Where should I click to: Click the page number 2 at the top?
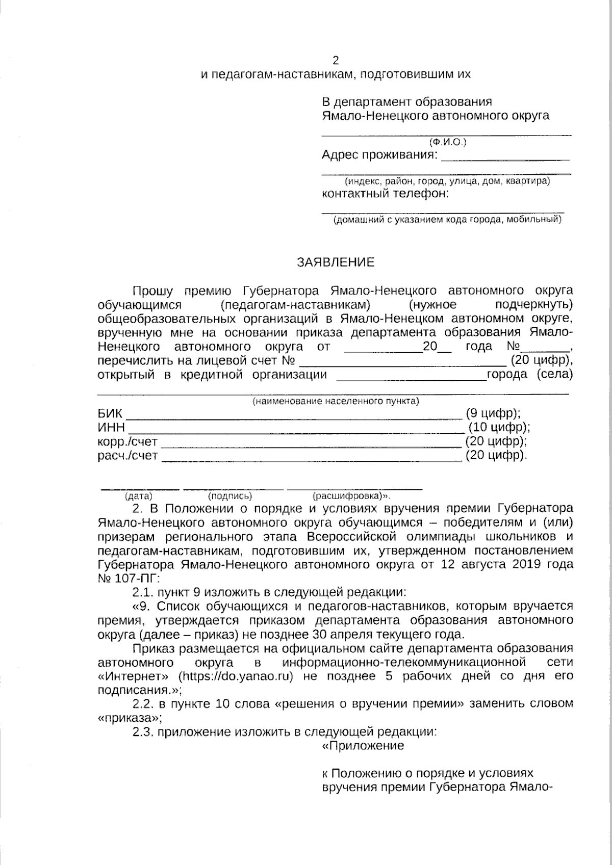click(x=336, y=61)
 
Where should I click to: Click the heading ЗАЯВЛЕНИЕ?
click(x=336, y=263)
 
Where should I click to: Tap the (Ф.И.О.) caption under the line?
click(x=448, y=142)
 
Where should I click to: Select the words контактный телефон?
click(x=386, y=194)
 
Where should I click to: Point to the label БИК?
click(x=110, y=413)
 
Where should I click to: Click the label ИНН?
click(x=111, y=427)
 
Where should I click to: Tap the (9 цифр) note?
click(x=493, y=413)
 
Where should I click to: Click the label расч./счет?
click(x=127, y=456)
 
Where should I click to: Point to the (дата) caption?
click(x=138, y=495)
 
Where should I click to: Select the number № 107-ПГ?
click(x=128, y=579)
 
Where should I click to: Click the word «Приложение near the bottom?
click(x=363, y=746)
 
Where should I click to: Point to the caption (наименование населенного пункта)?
click(x=336, y=401)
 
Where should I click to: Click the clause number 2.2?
click(x=143, y=704)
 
